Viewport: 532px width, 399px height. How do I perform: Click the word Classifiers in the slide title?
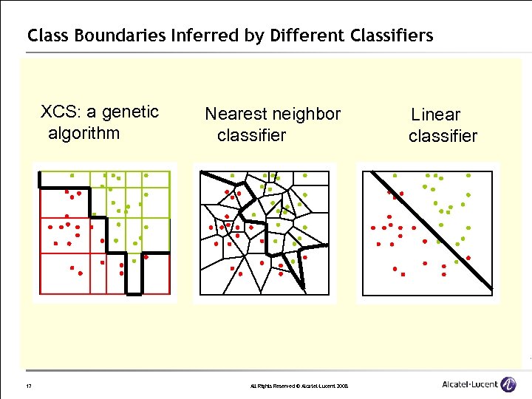coord(391,35)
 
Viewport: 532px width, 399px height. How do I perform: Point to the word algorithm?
coord(83,134)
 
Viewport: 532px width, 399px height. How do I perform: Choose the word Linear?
coord(435,115)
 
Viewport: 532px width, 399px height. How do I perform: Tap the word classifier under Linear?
coord(443,136)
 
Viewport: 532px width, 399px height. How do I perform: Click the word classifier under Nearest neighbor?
coord(251,136)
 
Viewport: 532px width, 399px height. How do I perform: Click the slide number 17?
coord(27,386)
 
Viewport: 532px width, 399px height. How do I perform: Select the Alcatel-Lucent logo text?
coord(469,384)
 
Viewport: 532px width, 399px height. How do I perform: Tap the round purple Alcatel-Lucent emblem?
coord(508,384)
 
